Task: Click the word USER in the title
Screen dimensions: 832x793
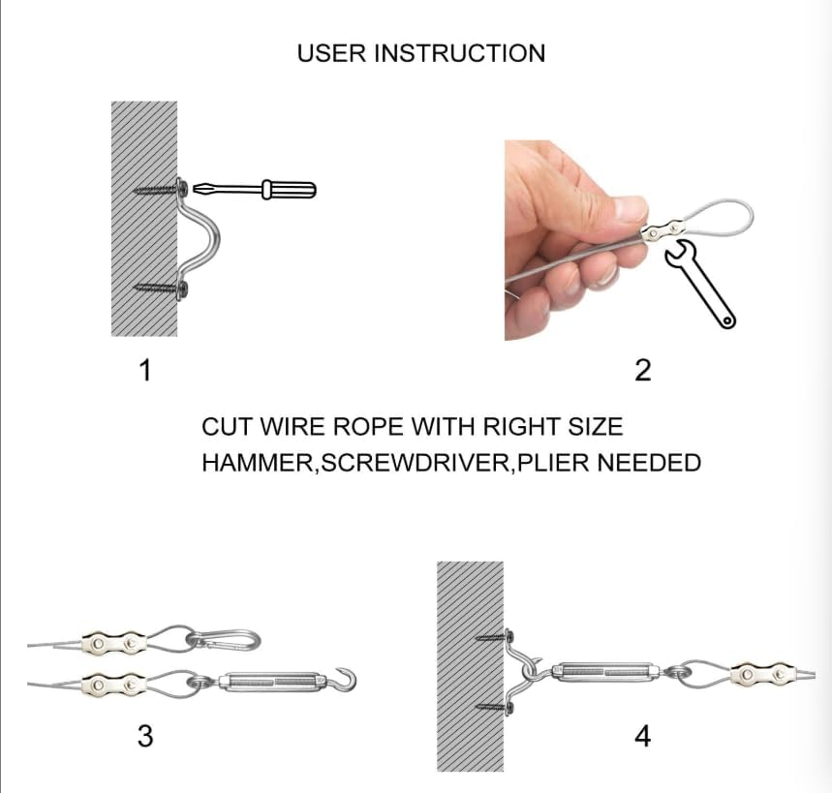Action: pyautogui.click(x=331, y=53)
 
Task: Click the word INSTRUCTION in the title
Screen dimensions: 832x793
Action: pyautogui.click(x=459, y=53)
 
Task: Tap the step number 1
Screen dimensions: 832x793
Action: pyautogui.click(x=145, y=370)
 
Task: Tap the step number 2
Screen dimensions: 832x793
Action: pyautogui.click(x=642, y=370)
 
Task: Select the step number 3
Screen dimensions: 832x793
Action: pyautogui.click(x=145, y=736)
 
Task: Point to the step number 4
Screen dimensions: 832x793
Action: pyautogui.click(x=642, y=736)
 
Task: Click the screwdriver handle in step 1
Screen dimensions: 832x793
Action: pyautogui.click(x=290, y=190)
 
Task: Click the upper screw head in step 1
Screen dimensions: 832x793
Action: pyautogui.click(x=182, y=187)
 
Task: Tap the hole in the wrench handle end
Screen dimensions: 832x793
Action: pyautogui.click(x=726, y=320)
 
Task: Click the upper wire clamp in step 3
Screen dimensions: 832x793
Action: pyautogui.click(x=113, y=644)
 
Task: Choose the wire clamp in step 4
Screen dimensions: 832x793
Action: pyautogui.click(x=762, y=675)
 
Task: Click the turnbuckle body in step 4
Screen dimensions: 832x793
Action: pyautogui.click(x=604, y=673)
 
